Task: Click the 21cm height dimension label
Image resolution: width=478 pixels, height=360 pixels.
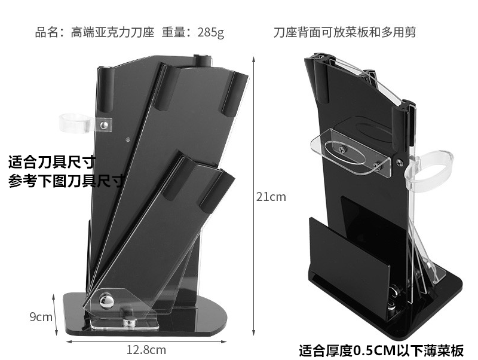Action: pyautogui.click(x=271, y=197)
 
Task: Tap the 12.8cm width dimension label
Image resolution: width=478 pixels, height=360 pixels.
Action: pyautogui.click(x=146, y=349)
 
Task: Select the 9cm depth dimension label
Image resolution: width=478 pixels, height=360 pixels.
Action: pyautogui.click(x=41, y=316)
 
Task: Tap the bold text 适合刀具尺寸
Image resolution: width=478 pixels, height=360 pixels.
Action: pyautogui.click(x=51, y=162)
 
